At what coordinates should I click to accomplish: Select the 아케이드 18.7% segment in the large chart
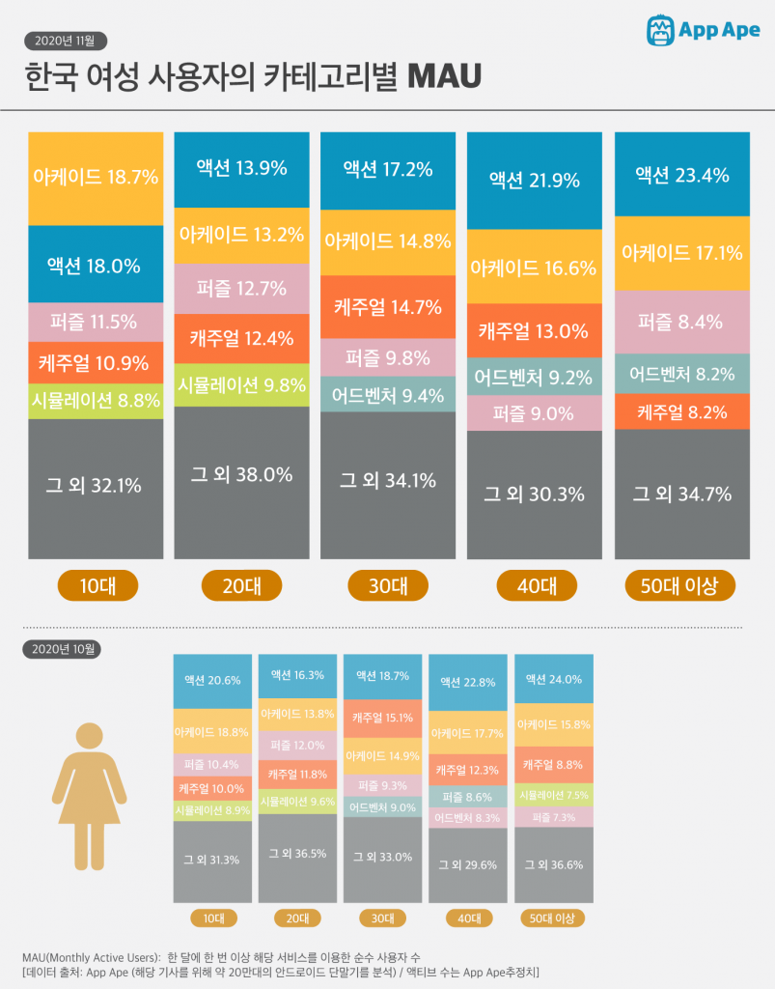coord(95,178)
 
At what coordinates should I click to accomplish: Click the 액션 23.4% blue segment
coord(681,175)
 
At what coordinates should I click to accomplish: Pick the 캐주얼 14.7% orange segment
coord(388,307)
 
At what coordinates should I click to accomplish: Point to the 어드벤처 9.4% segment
coord(388,394)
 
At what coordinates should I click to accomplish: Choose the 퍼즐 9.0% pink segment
coord(534,413)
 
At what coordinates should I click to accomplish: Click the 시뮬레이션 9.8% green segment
coord(241,383)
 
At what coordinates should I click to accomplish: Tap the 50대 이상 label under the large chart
coord(681,585)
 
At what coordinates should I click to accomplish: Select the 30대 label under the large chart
coord(388,585)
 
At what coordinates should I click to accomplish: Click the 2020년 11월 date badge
coord(65,41)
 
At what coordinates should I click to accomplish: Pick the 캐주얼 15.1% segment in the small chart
coord(382,718)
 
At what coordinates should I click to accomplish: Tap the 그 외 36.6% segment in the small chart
coord(553,864)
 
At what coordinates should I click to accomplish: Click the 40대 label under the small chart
coord(467,918)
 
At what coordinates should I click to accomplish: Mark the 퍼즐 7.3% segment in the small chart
coord(553,817)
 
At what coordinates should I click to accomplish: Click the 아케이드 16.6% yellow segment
coord(534,268)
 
